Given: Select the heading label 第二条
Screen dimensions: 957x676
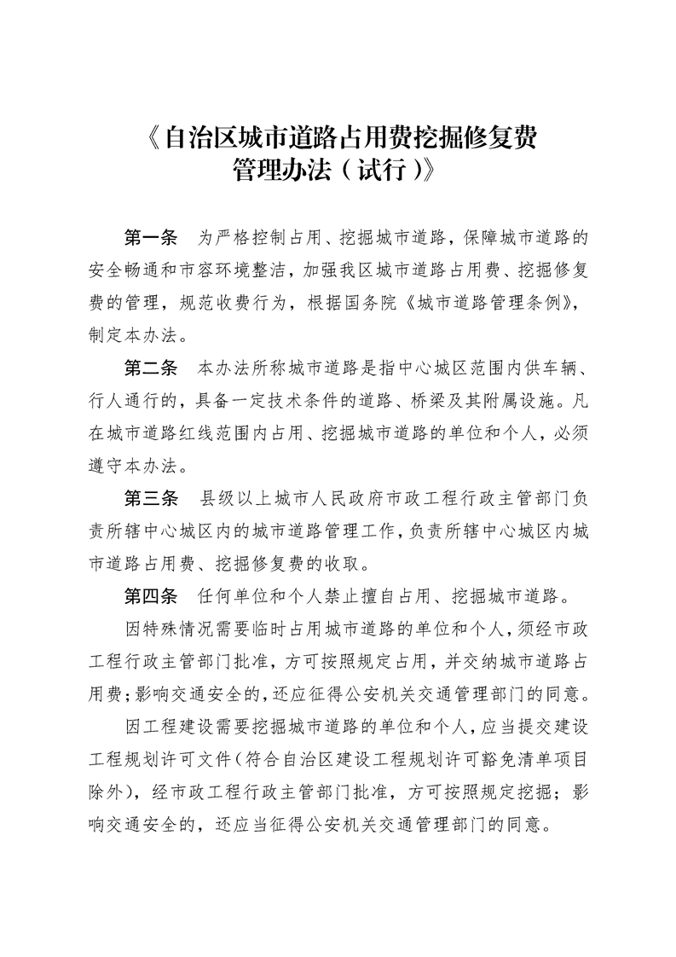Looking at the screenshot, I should point(150,368).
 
